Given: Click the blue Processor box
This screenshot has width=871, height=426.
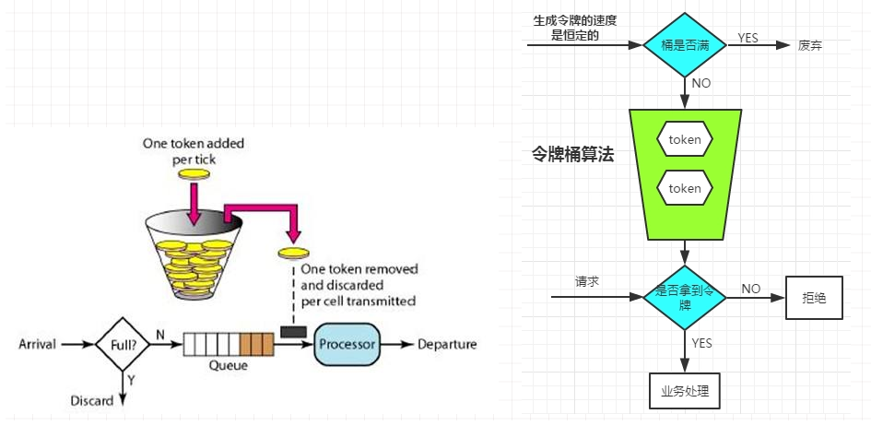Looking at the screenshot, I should [347, 344].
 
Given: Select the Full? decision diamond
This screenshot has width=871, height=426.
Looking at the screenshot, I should [123, 344].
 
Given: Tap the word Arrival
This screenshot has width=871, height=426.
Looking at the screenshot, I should [37, 345].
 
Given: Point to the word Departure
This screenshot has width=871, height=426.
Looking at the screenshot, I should [447, 345].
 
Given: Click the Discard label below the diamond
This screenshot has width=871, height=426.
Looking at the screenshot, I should [92, 400].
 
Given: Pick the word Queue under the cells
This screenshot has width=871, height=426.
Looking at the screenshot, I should [227, 364].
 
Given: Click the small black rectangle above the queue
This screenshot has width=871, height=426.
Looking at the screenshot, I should [293, 331].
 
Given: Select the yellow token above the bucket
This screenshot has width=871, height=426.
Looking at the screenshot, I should [194, 173].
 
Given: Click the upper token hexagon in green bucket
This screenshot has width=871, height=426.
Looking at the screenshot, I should [685, 140].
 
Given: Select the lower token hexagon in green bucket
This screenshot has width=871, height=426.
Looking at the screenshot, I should [685, 188].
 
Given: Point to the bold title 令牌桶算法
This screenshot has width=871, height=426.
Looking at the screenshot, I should [573, 156].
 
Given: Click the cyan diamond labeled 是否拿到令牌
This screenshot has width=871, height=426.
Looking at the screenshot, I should [685, 296].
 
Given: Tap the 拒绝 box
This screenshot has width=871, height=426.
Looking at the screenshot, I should [814, 298].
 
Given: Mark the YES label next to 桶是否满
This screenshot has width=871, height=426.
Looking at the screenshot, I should [748, 37].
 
